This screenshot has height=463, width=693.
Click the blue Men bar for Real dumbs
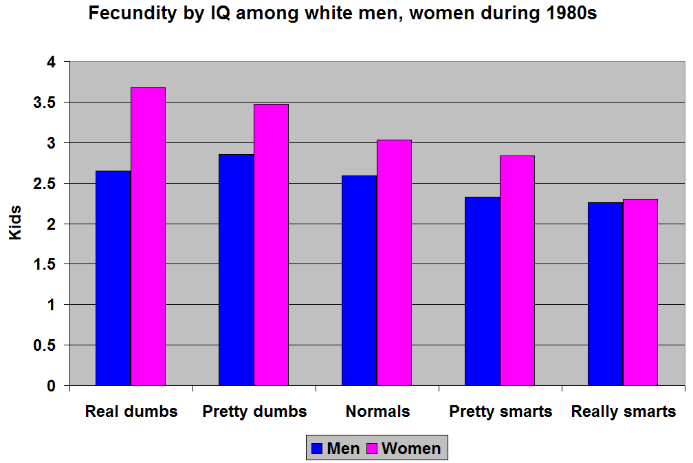113,278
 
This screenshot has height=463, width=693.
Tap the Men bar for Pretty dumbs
236,270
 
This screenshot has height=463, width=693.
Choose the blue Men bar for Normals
360,280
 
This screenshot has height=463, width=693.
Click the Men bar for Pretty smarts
483,291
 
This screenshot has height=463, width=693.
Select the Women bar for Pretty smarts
518,270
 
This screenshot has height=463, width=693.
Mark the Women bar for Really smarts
641,292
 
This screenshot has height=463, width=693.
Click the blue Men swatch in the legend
317,449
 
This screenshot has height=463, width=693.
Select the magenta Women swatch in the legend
372,449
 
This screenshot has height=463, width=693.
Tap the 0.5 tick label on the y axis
47,345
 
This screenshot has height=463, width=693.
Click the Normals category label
377,412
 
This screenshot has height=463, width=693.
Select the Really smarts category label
624,412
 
